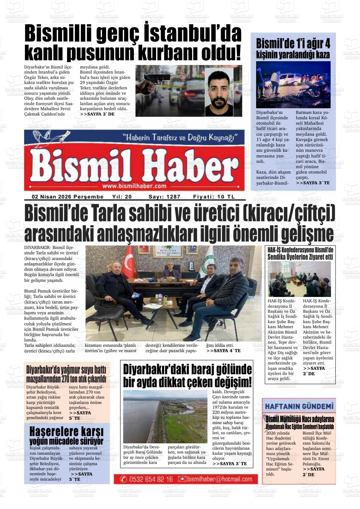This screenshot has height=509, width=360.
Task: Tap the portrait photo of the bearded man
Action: [x=219, y=92]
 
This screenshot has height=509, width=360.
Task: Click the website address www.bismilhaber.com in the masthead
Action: [x=134, y=186]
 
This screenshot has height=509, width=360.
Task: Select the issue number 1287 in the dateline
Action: [x=173, y=197]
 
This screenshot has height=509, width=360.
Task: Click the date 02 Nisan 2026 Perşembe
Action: [x=68, y=197]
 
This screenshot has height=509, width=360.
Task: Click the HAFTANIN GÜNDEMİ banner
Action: [x=299, y=406]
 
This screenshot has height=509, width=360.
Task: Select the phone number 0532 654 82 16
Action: [x=151, y=479]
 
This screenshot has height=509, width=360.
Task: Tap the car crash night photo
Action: [x=293, y=85]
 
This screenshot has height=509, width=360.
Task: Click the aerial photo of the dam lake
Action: [x=165, y=416]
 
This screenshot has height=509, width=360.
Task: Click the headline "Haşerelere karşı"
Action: [x=66, y=431]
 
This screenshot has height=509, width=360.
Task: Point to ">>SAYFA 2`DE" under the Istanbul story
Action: [x=97, y=114]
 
